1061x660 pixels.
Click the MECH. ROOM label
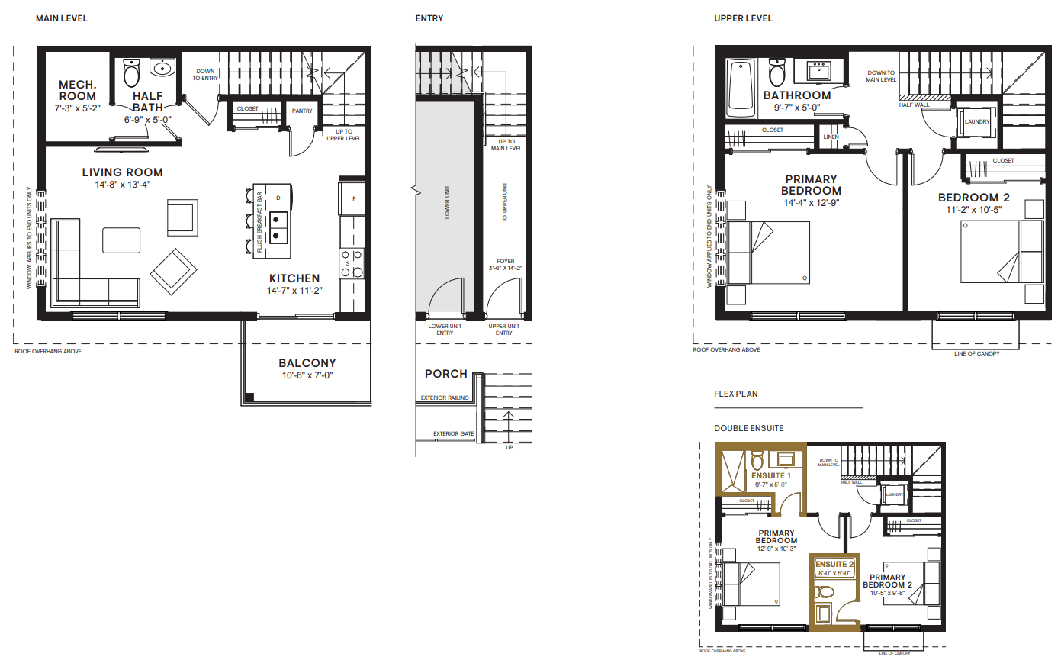point(78,90)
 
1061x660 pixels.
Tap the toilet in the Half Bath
point(131,73)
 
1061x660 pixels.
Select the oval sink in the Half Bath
point(162,69)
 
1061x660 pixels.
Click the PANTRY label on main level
point(303,111)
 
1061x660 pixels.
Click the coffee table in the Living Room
point(121,240)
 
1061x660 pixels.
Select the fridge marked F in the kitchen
point(352,198)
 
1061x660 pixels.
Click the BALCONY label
point(307,363)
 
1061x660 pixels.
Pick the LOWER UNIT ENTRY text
point(445,329)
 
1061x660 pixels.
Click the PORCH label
point(446,374)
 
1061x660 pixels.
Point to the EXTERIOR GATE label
point(454,433)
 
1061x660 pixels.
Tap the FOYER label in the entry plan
point(505,261)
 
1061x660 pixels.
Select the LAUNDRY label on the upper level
point(976,121)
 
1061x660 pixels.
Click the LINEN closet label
point(831,137)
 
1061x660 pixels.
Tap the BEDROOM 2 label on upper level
point(973,198)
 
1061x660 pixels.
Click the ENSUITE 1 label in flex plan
point(770,475)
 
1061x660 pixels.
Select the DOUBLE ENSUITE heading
point(748,428)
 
